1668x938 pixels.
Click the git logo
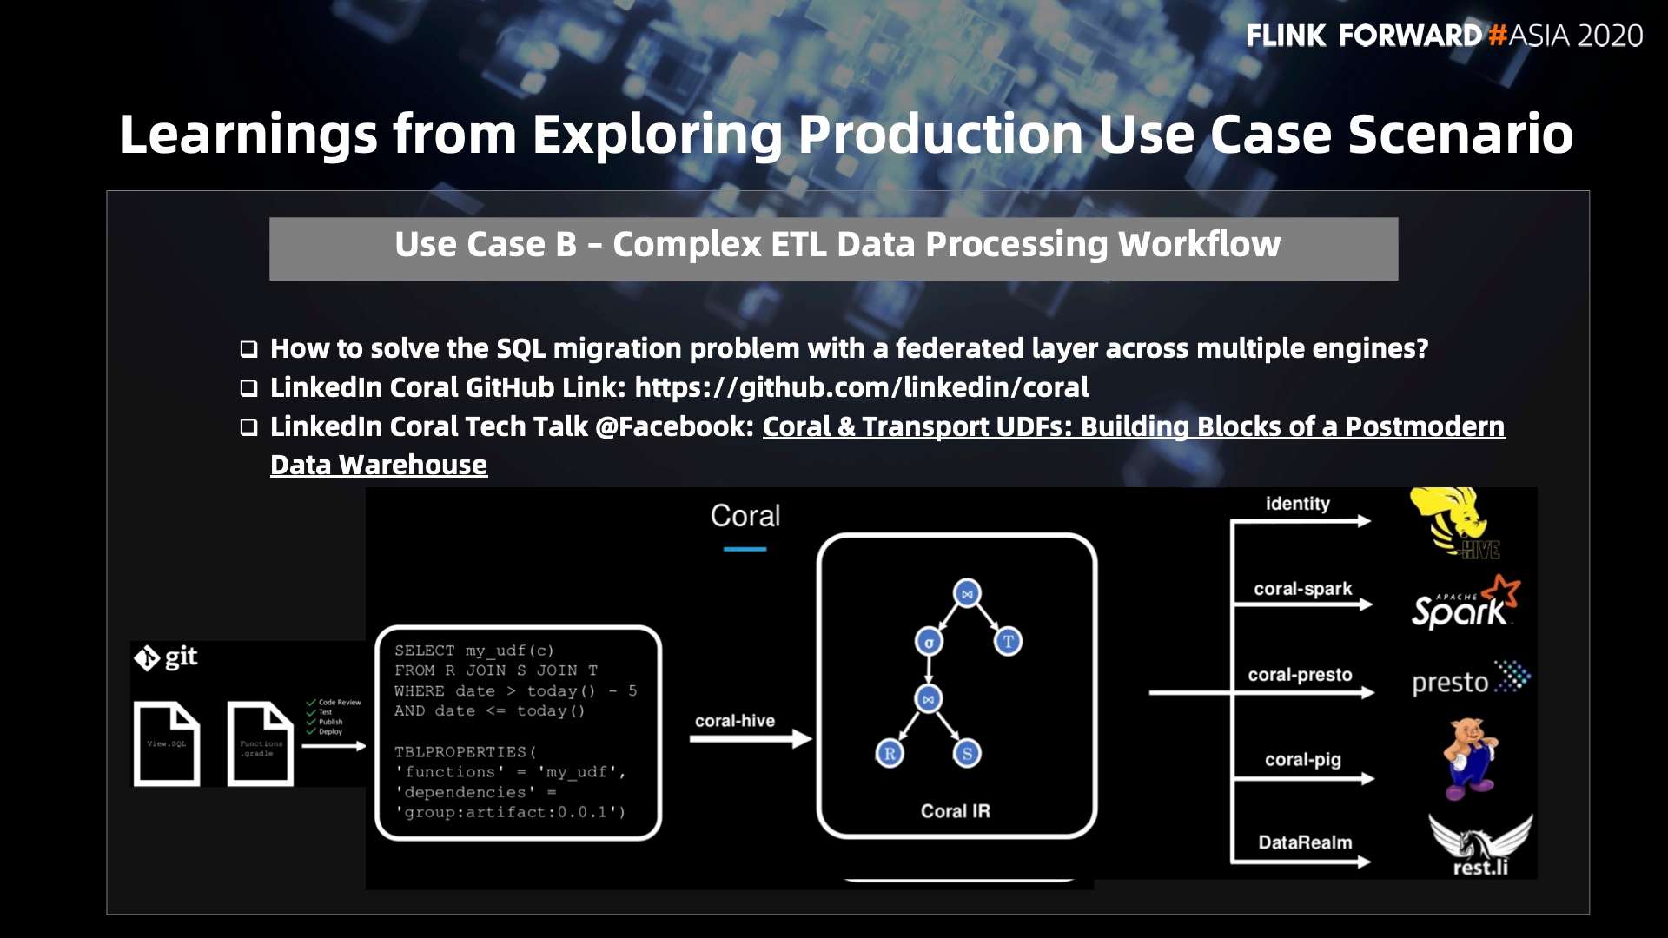click(166, 657)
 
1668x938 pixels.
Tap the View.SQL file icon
click(167, 743)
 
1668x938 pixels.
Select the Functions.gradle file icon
click(260, 743)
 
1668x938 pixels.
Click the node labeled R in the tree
click(889, 753)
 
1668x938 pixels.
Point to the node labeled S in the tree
click(967, 753)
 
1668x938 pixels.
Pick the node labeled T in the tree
click(1008, 642)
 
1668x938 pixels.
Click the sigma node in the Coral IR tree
click(929, 643)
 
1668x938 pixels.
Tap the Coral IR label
click(955, 810)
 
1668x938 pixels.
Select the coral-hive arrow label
click(734, 720)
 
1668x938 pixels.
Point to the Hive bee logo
click(1454, 521)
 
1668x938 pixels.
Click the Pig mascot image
click(1469, 757)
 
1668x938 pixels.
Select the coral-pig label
click(1302, 759)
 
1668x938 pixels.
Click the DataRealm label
click(1305, 842)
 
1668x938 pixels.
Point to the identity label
click(1297, 504)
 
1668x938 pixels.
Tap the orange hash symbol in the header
click(1496, 36)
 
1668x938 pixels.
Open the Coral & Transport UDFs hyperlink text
click(1133, 426)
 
